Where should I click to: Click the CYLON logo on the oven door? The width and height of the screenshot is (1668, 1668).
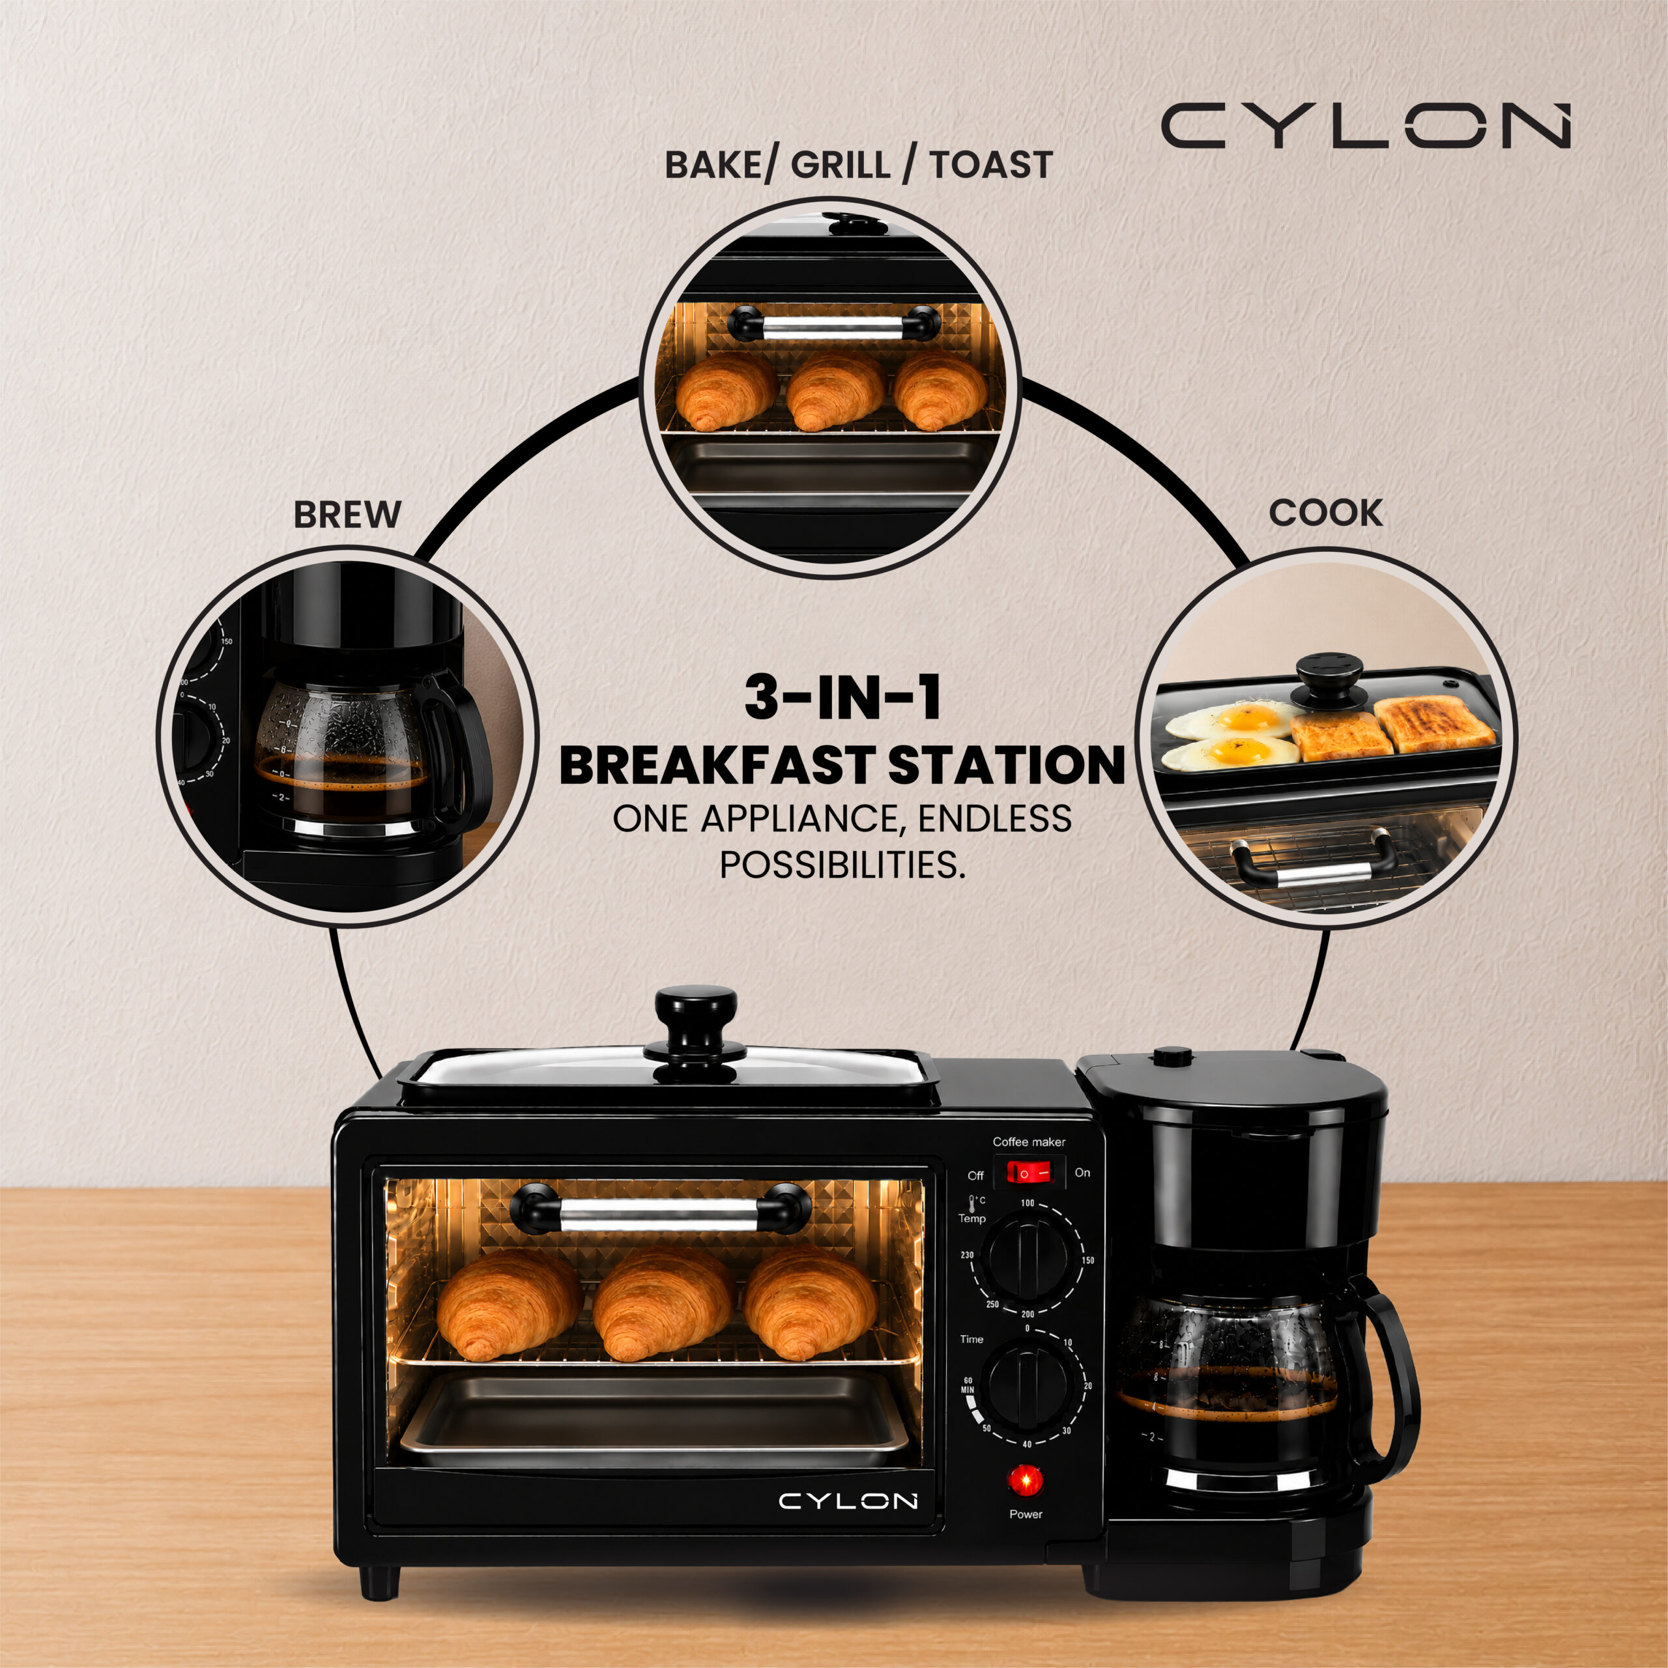(848, 1501)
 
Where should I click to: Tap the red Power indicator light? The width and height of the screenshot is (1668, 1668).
(1026, 1482)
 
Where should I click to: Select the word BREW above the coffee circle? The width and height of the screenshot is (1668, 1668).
(347, 515)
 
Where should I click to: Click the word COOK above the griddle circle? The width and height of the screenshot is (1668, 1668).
(1325, 513)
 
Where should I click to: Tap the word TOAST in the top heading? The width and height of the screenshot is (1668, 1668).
(991, 164)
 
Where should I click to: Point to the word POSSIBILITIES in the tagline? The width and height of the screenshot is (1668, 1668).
(842, 863)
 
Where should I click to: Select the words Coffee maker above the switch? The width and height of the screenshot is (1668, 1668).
(1029, 1142)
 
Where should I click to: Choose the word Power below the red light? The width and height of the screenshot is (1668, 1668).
(1026, 1514)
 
